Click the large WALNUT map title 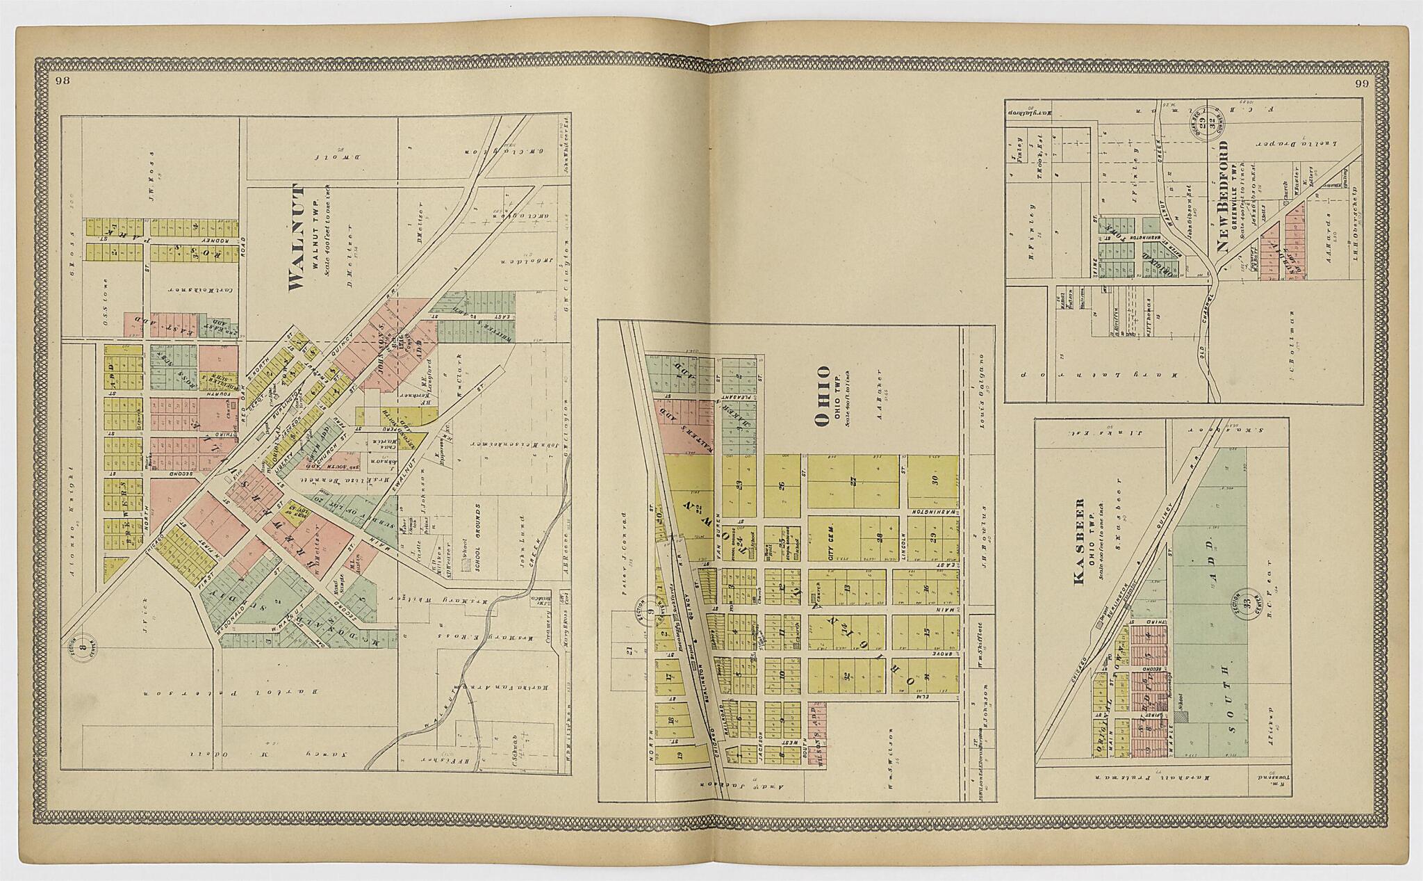click(295, 237)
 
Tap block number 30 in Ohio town click(935, 480)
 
